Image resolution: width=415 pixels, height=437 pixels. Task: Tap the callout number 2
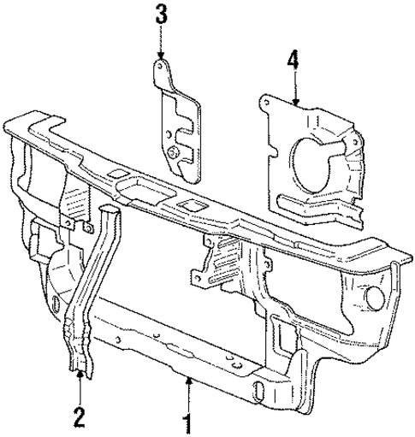click(79, 418)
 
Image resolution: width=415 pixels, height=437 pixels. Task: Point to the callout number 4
click(293, 61)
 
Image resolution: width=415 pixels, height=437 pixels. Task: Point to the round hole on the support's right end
click(376, 301)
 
